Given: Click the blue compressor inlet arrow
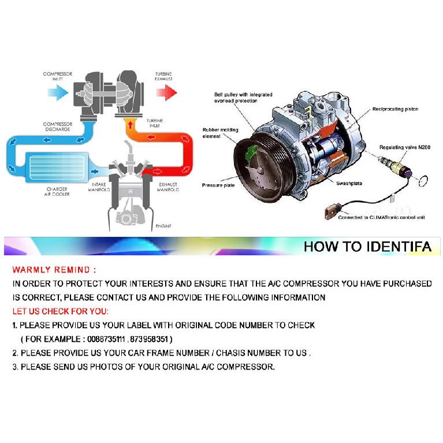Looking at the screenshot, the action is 58,92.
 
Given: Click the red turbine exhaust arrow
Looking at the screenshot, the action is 167,92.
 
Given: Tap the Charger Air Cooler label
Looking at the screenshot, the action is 57,192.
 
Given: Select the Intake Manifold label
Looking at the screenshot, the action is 99,187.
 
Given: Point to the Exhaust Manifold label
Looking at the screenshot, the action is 168,187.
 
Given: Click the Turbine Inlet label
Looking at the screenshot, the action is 155,123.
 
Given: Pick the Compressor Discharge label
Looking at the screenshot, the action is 58,126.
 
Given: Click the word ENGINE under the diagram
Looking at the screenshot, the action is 163,226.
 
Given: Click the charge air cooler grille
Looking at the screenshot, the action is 57,167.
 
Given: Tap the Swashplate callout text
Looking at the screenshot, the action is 349,183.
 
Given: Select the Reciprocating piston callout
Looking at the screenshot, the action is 395,109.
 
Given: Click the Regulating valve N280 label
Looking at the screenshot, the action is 405,147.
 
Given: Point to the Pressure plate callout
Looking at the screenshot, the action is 218,185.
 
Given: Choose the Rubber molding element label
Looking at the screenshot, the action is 221,133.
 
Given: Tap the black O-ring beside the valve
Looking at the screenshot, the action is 423,181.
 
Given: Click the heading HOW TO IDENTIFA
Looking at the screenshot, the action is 367,247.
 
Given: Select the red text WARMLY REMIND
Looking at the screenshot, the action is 54,270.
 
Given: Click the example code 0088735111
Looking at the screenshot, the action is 106,339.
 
